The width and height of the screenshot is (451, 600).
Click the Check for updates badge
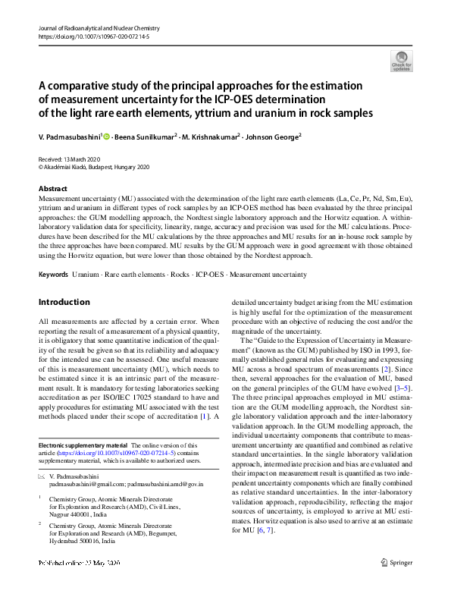[401, 61]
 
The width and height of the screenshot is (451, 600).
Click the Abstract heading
[52, 188]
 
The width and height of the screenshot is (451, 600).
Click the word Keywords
[54, 273]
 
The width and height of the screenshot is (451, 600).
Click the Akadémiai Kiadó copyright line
[94, 167]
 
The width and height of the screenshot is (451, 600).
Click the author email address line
[126, 483]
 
